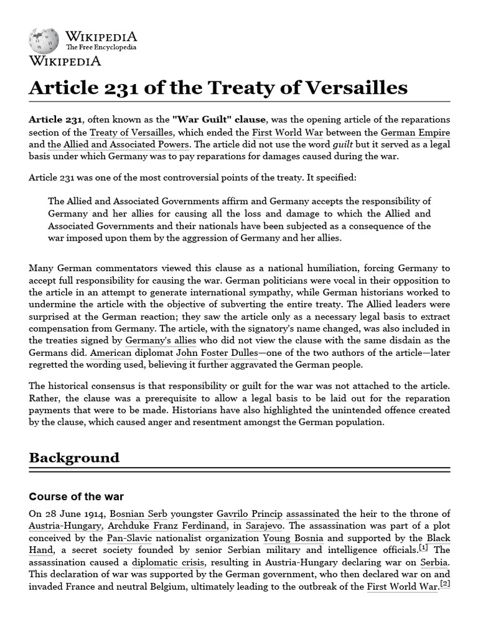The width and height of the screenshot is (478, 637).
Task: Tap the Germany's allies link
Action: (161, 340)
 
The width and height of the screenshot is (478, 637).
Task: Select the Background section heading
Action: (74, 458)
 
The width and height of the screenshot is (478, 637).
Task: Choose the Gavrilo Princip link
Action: (249, 514)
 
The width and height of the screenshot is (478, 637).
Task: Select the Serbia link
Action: (434, 562)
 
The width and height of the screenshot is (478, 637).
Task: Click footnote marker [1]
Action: (423, 548)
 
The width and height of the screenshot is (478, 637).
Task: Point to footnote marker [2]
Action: (445, 585)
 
